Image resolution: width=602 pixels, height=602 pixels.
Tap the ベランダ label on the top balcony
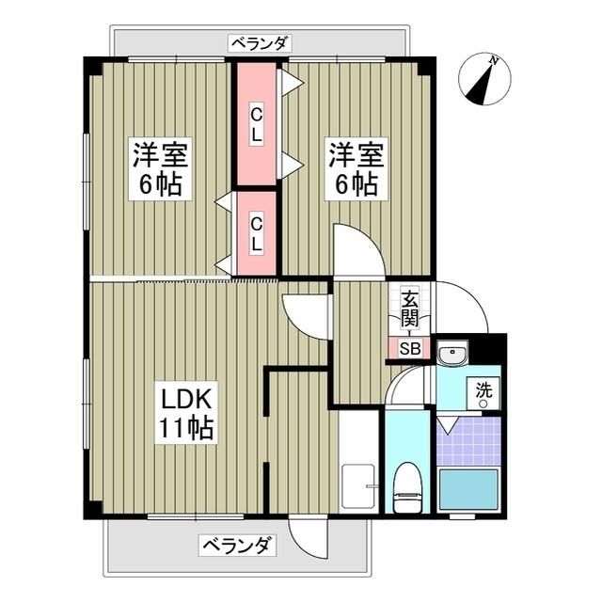[x=260, y=42]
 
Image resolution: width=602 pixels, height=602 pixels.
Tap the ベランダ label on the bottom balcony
[x=238, y=545]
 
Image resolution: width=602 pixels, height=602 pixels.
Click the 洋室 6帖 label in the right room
[x=353, y=167]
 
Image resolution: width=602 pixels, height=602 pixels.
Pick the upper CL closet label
[x=256, y=123]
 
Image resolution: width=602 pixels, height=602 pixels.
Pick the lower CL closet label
[x=256, y=232]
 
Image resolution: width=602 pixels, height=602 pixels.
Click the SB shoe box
[x=409, y=348]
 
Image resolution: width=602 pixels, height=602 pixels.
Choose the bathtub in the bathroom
[x=468, y=490]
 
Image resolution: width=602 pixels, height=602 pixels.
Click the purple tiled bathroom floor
[x=468, y=441]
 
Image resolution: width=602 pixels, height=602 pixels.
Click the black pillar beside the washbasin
[x=488, y=347]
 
